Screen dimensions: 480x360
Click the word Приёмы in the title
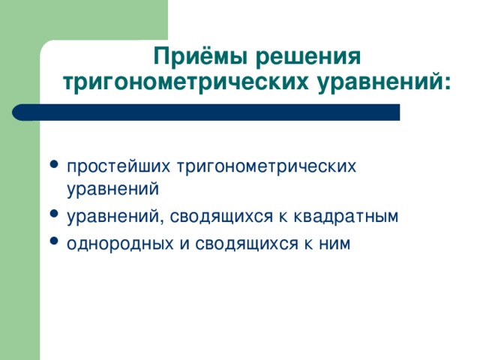(x=200, y=56)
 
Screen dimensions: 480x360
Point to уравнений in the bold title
(x=379, y=82)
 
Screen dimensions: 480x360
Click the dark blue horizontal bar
(x=205, y=112)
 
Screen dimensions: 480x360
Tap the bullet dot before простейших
(x=54, y=164)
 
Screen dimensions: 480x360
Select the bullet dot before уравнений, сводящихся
(x=54, y=213)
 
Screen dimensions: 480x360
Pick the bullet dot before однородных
(x=54, y=241)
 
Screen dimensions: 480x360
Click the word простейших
(x=118, y=166)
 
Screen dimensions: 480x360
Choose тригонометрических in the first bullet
(x=267, y=167)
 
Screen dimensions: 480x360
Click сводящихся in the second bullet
(x=221, y=217)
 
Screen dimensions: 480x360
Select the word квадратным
(x=346, y=217)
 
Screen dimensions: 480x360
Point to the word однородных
(x=120, y=244)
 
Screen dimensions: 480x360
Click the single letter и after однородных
(x=184, y=244)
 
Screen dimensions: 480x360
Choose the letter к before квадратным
(x=283, y=217)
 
